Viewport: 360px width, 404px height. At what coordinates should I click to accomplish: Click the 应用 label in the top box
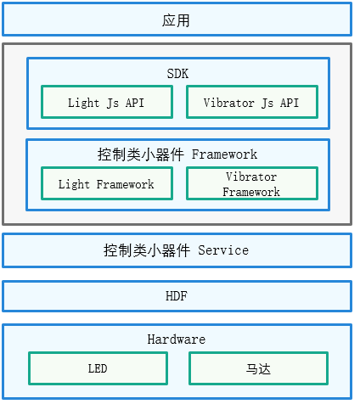click(x=176, y=20)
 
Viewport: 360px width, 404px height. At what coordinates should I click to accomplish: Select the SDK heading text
click(x=177, y=74)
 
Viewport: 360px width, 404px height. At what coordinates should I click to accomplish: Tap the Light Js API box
click(x=107, y=102)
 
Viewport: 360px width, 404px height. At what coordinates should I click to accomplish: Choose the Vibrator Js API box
click(x=252, y=102)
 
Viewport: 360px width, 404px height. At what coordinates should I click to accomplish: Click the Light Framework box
click(x=107, y=183)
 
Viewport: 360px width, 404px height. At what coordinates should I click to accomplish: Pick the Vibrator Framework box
click(x=252, y=183)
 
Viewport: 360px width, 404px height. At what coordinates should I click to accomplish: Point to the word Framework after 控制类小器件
click(x=224, y=154)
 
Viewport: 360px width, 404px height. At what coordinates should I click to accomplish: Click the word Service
click(x=223, y=250)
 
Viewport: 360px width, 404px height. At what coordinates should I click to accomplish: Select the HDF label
click(x=177, y=296)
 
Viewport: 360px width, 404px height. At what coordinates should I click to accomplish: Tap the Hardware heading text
click(x=177, y=339)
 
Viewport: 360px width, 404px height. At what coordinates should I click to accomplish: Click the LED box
click(x=98, y=368)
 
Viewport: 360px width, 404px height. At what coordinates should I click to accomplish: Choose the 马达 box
click(x=258, y=368)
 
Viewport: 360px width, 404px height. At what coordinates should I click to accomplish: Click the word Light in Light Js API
click(x=83, y=103)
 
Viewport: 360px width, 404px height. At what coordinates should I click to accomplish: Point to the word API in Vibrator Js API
click(x=290, y=103)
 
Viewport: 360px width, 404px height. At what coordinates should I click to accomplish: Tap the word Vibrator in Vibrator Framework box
click(x=251, y=177)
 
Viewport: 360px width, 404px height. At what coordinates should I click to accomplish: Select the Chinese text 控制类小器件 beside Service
click(x=147, y=250)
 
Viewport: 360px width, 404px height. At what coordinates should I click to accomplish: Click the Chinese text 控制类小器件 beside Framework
click(x=141, y=154)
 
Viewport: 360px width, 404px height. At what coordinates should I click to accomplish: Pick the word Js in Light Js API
click(x=113, y=104)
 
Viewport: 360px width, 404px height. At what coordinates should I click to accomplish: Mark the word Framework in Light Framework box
click(x=125, y=184)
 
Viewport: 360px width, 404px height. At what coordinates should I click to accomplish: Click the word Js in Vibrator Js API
click(x=267, y=104)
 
